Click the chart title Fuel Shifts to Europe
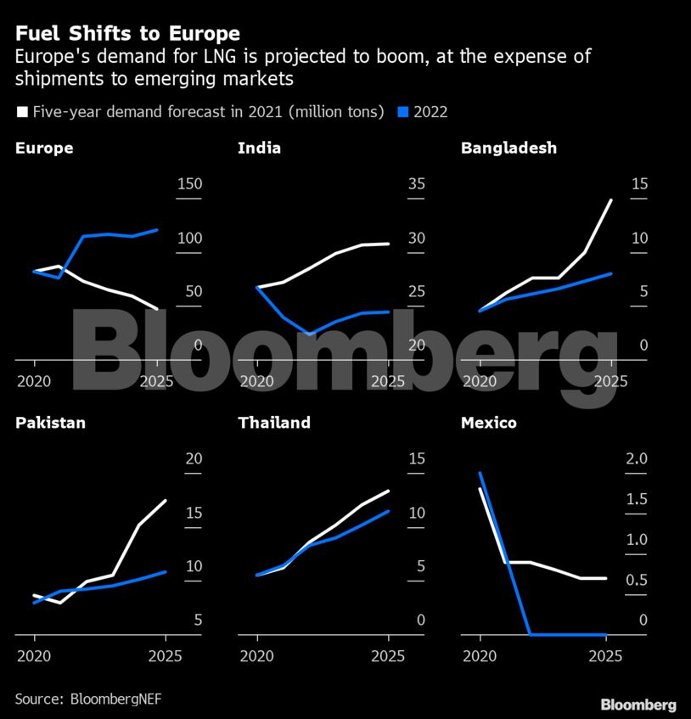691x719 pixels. pyautogui.click(x=127, y=34)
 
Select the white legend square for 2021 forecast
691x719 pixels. pyautogui.click(x=22, y=111)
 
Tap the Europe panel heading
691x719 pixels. pyautogui.click(x=44, y=148)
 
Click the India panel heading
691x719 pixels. pyautogui.click(x=259, y=148)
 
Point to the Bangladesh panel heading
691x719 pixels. pyautogui.click(x=508, y=148)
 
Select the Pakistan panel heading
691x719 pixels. pyautogui.click(x=50, y=422)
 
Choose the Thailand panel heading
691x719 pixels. pyautogui.click(x=274, y=422)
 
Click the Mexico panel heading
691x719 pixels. pyautogui.click(x=488, y=422)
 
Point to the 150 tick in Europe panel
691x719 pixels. pyautogui.click(x=189, y=184)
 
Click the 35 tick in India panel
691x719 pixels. pyautogui.click(x=416, y=184)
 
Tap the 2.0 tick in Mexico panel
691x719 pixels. pyautogui.click(x=636, y=458)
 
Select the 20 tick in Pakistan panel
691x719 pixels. pyautogui.click(x=194, y=458)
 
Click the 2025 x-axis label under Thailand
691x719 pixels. pyautogui.click(x=387, y=656)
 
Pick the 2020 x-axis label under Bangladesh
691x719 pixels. pyautogui.click(x=480, y=381)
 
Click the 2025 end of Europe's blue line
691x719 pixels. pyautogui.click(x=158, y=229)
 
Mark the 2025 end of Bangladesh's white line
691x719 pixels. pyautogui.click(x=610, y=200)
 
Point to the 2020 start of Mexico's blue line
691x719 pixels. pyautogui.click(x=480, y=473)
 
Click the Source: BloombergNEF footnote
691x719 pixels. pyautogui.click(x=87, y=699)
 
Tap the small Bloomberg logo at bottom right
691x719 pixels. pyautogui.click(x=638, y=705)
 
